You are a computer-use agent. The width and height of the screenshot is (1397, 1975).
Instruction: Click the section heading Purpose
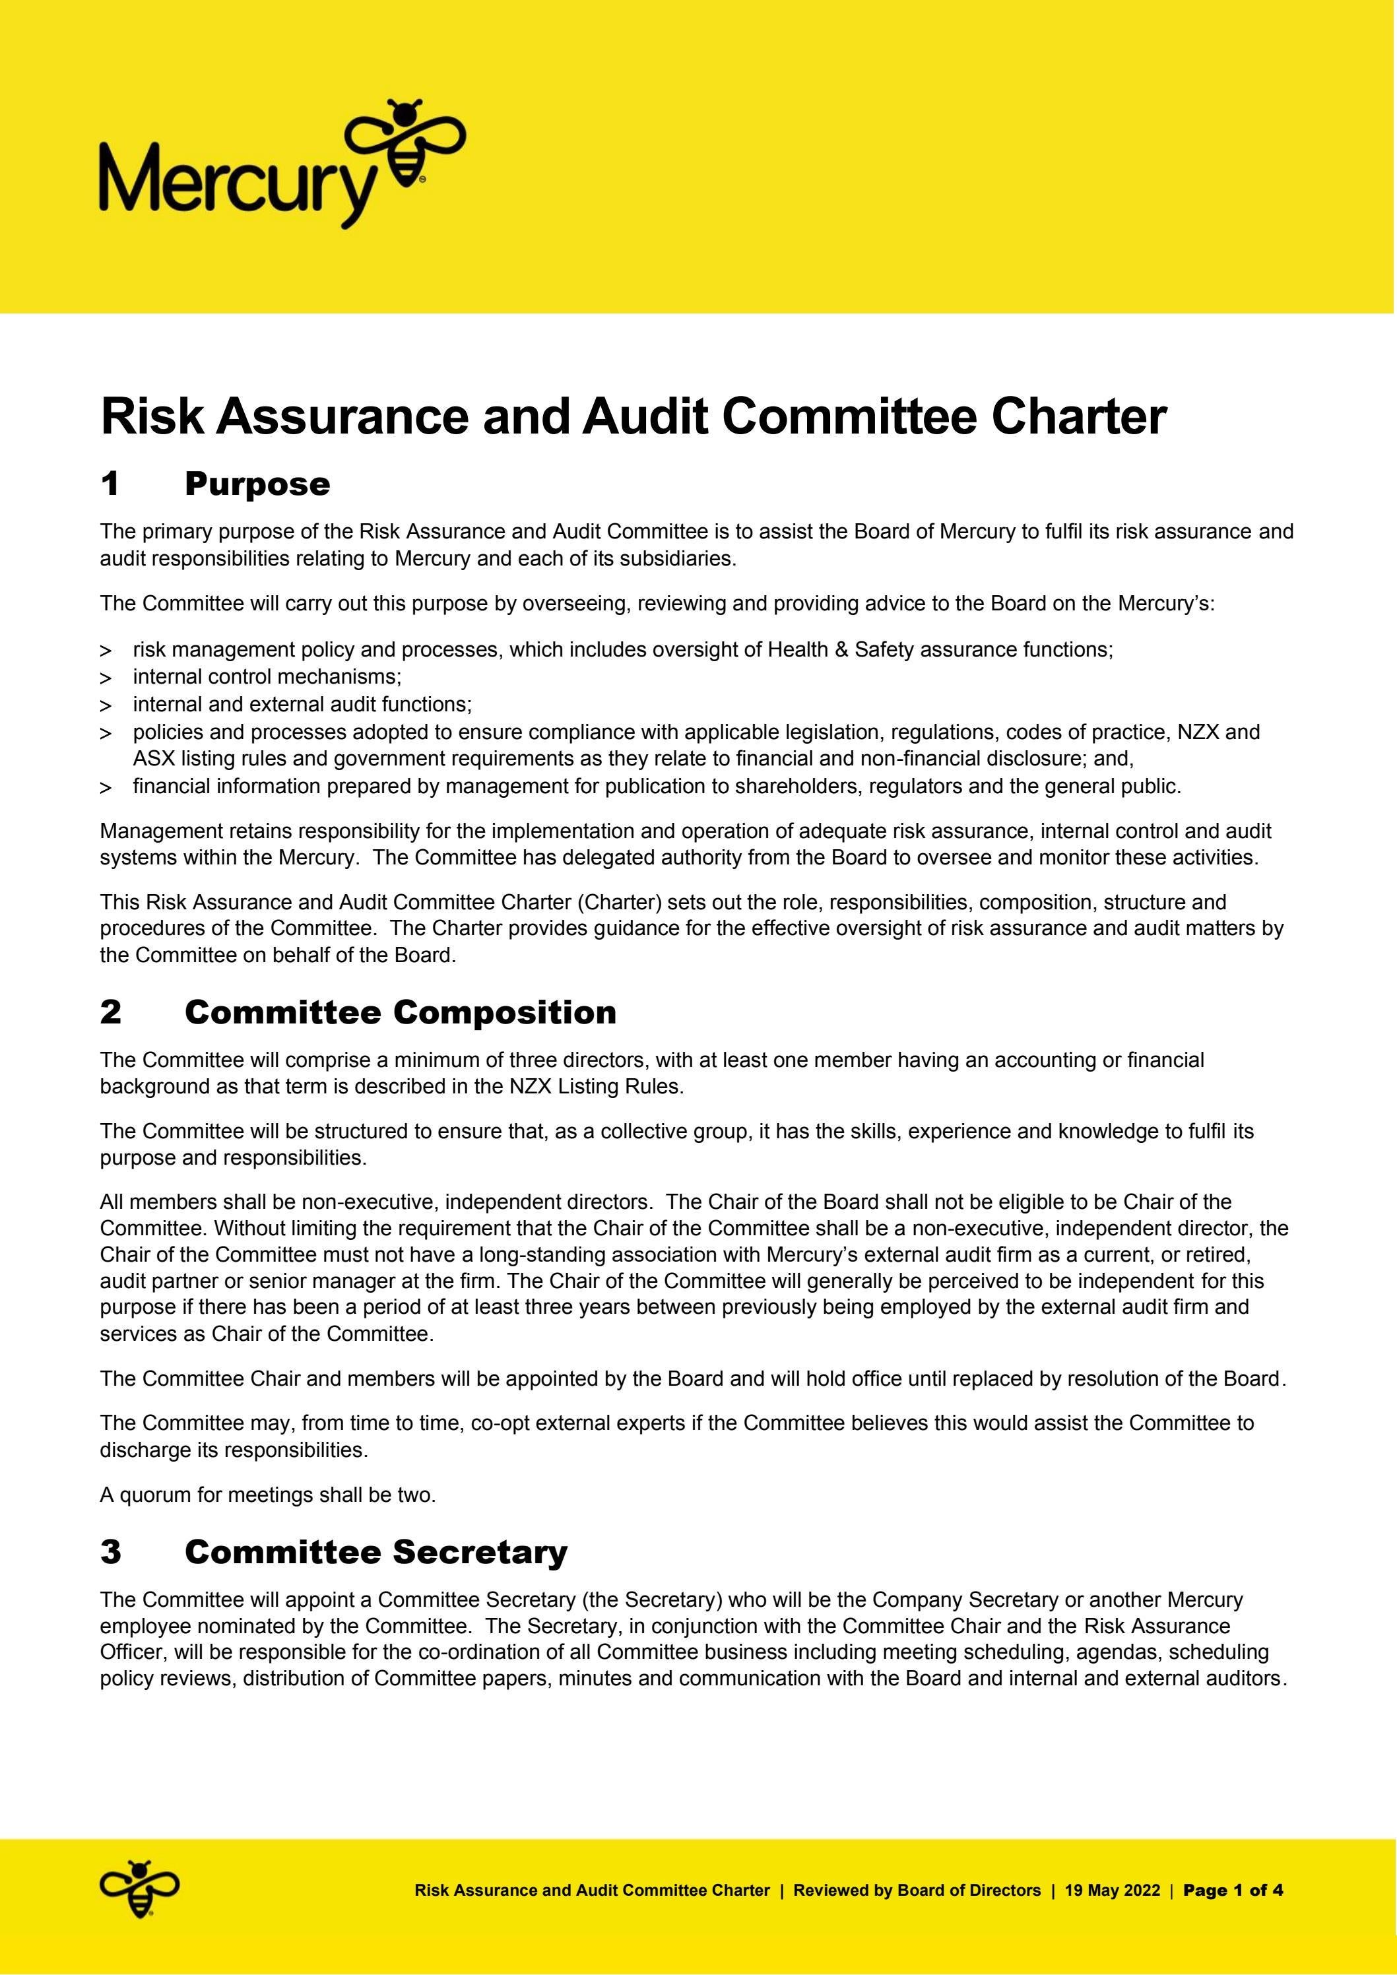(x=257, y=484)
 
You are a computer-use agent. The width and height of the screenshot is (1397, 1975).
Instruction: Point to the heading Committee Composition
(x=400, y=1012)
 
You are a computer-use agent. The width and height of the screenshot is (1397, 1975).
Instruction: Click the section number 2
(x=111, y=1012)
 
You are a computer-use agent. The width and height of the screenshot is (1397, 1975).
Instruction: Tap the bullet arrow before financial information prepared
(x=106, y=788)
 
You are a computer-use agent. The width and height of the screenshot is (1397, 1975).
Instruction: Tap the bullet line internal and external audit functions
(x=302, y=705)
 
